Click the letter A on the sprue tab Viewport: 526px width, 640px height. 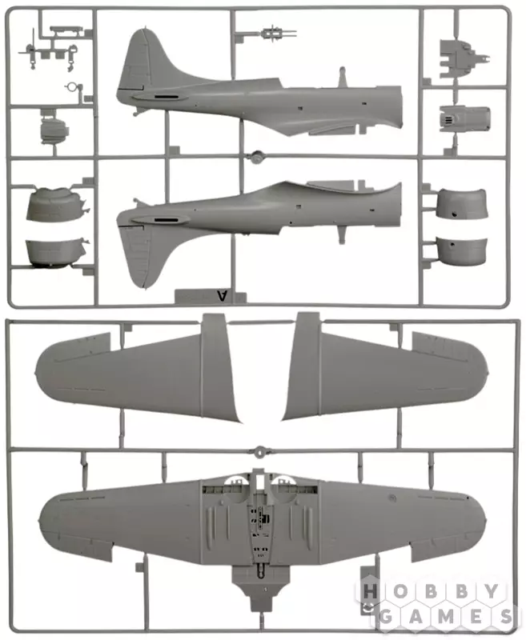point(222,295)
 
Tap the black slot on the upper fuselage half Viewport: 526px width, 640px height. point(167,97)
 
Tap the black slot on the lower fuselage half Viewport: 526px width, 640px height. point(167,221)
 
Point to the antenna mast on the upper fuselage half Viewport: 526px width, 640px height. point(343,77)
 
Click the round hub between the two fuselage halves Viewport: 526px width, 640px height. point(257,157)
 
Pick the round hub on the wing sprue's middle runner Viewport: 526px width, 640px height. point(259,451)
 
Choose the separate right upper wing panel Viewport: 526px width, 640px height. point(383,374)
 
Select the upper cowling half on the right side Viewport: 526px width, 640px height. point(462,203)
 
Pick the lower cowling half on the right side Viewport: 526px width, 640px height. point(462,251)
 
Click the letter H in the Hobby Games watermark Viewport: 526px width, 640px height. point(370,591)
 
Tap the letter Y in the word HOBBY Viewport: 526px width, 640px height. point(492,591)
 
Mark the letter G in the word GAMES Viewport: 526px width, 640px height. point(386,617)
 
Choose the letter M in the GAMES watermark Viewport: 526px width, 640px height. point(447,617)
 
